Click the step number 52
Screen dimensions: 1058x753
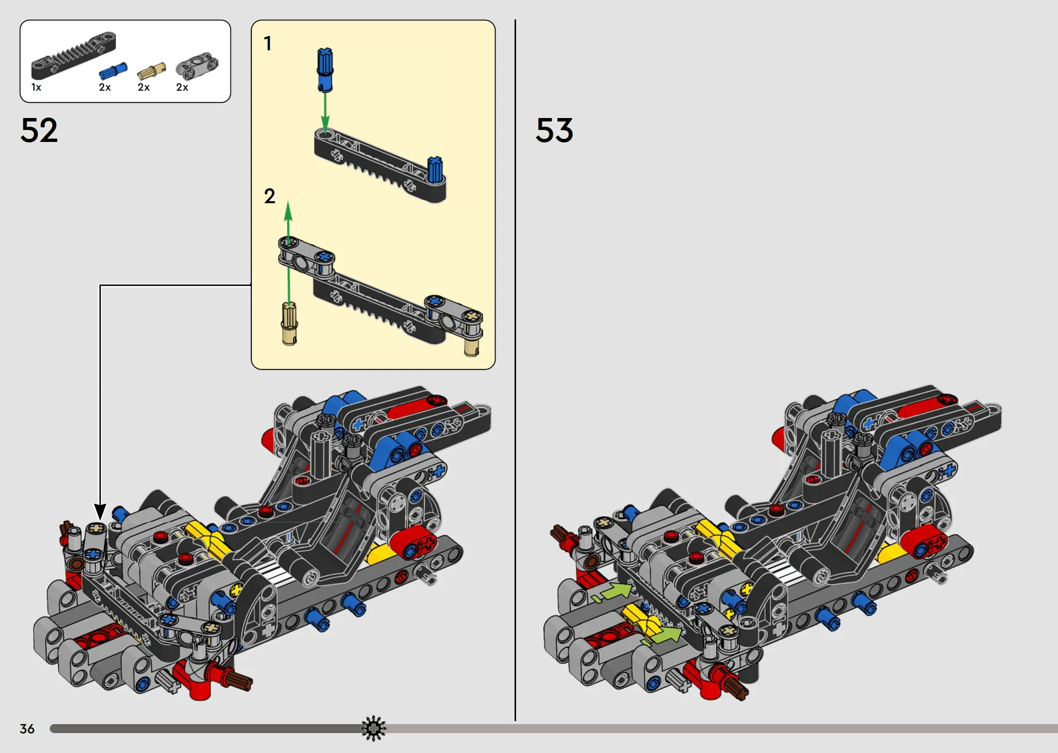click(x=39, y=130)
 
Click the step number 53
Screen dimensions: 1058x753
click(x=554, y=130)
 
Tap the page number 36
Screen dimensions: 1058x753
click(x=27, y=729)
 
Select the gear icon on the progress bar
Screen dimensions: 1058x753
click(x=374, y=729)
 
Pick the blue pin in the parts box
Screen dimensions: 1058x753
click(x=113, y=71)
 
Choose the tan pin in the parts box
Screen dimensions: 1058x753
click(x=151, y=71)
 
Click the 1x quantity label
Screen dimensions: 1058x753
click(x=36, y=88)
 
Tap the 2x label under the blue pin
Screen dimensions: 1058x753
click(x=105, y=88)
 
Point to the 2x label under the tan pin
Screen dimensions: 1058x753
click(x=143, y=88)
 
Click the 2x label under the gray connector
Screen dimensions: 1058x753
click(x=182, y=88)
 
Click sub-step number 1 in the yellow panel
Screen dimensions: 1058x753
click(x=268, y=43)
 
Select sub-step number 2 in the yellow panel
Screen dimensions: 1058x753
click(x=270, y=196)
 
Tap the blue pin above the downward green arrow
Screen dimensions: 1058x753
click(x=325, y=70)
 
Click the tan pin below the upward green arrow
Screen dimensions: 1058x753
click(x=290, y=324)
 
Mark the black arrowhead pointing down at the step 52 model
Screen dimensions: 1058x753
click(x=100, y=511)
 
